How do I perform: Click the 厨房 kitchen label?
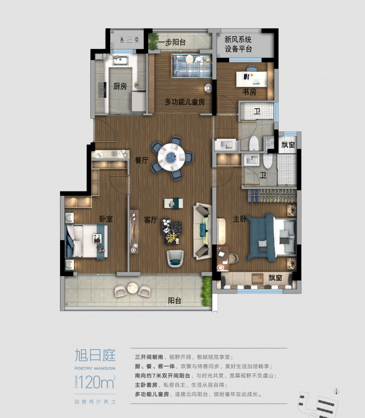point(120,86)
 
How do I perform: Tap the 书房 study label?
point(249,92)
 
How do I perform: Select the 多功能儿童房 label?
point(184,102)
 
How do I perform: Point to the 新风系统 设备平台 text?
point(238,44)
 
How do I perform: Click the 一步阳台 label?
point(172,43)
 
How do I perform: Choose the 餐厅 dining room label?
point(141,161)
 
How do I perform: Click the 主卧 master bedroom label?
point(240,219)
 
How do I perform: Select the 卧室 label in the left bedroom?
point(106,219)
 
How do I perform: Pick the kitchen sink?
point(121,61)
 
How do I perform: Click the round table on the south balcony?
point(132,288)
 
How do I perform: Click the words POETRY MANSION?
point(95,368)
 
